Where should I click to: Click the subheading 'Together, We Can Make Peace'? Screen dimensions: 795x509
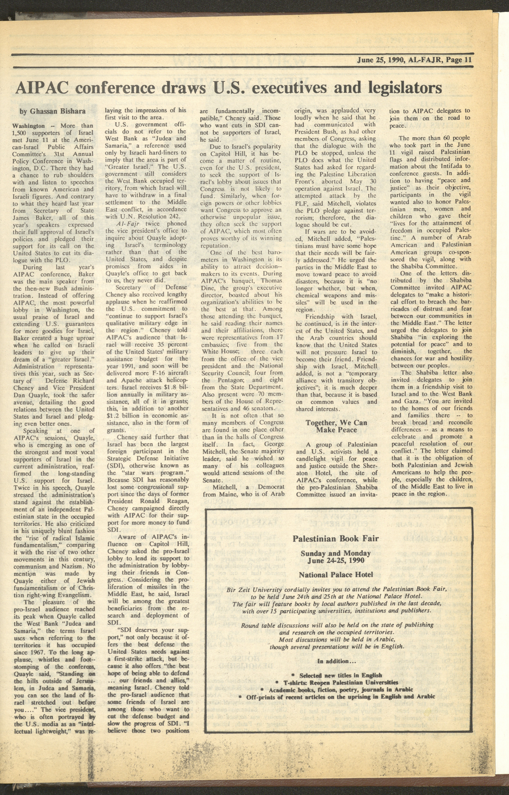tap(336, 426)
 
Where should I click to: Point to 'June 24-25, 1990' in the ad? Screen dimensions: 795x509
tap(336, 560)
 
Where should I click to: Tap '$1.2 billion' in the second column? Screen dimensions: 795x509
tap(123, 415)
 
